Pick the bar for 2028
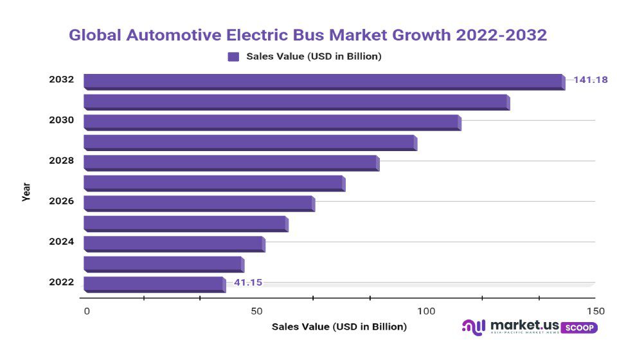(x=231, y=162)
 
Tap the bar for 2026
(x=199, y=203)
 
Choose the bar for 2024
(x=174, y=243)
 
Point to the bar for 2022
(x=154, y=283)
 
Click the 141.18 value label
(x=591, y=80)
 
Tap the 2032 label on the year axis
(x=61, y=80)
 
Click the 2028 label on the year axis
(x=61, y=161)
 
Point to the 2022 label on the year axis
(x=61, y=282)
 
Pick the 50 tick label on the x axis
(x=257, y=311)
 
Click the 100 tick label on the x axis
(x=427, y=311)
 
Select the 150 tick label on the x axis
(x=595, y=311)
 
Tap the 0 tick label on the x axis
(x=87, y=311)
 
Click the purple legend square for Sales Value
(x=233, y=57)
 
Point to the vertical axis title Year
(x=26, y=192)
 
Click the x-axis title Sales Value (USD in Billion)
(x=339, y=327)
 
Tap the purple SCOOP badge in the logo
(x=580, y=328)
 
